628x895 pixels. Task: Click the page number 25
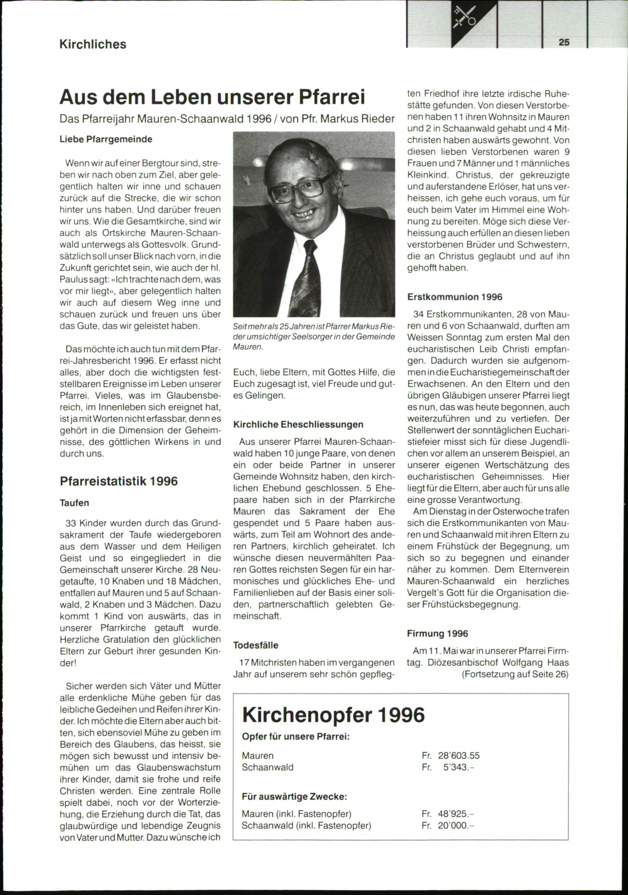(564, 42)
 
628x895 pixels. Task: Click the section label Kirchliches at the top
(93, 44)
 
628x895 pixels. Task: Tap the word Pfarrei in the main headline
(331, 97)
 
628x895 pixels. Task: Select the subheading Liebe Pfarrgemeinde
(106, 139)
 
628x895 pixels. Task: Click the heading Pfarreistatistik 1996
(119, 481)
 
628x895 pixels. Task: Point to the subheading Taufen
(74, 503)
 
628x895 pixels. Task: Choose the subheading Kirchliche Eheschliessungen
(298, 424)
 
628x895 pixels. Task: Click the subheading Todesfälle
(256, 645)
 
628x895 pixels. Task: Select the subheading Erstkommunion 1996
(455, 297)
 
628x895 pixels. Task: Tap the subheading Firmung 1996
(438, 634)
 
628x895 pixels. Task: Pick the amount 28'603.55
(458, 756)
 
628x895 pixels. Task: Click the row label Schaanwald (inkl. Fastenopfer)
(306, 826)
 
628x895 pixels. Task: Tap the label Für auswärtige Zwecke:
(294, 797)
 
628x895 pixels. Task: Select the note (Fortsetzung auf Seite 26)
(515, 674)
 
